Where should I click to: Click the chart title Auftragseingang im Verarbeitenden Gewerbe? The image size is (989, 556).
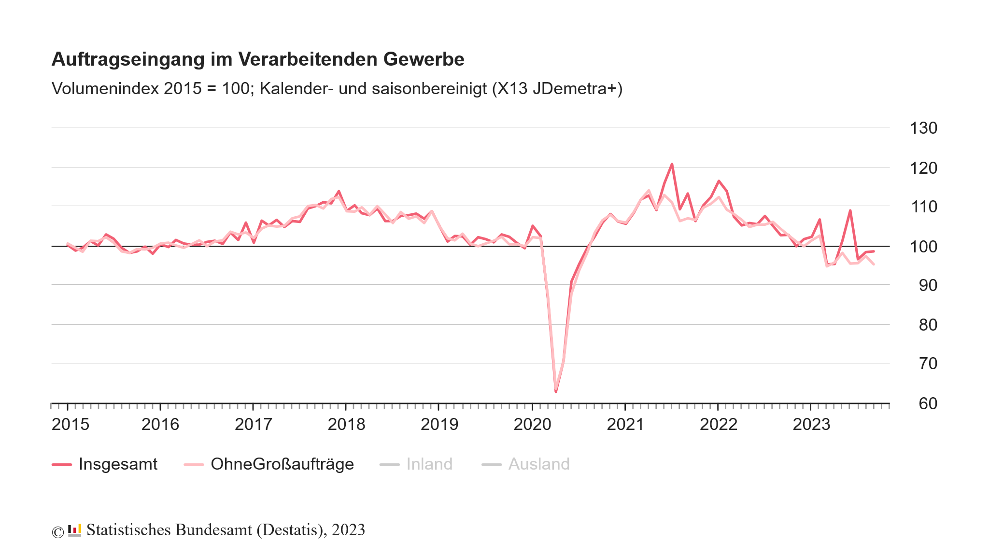[x=257, y=59]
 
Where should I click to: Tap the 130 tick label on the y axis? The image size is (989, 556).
[x=923, y=128]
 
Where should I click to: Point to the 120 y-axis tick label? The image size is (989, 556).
[x=923, y=168]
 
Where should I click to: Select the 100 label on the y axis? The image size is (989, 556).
[x=923, y=247]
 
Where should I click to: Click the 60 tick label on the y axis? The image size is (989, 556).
[x=927, y=403]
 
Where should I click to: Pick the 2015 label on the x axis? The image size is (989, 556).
[x=71, y=425]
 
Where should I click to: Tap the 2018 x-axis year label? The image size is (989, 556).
[x=346, y=425]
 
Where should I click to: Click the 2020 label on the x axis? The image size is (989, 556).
[x=532, y=425]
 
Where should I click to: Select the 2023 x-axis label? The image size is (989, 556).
[x=811, y=425]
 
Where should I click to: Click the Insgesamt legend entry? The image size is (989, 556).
[x=117, y=464]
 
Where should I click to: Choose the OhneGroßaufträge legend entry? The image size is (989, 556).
[x=282, y=464]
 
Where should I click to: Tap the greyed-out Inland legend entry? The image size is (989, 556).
[x=429, y=464]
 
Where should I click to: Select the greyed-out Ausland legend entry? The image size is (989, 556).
[x=538, y=464]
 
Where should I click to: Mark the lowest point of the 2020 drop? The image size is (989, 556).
[x=556, y=391]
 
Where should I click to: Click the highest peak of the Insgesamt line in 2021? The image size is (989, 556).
[x=672, y=164]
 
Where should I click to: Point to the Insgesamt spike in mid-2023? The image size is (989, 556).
[x=850, y=210]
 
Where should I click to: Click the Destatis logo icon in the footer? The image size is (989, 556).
[x=74, y=530]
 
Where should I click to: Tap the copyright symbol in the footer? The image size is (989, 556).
[x=57, y=532]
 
